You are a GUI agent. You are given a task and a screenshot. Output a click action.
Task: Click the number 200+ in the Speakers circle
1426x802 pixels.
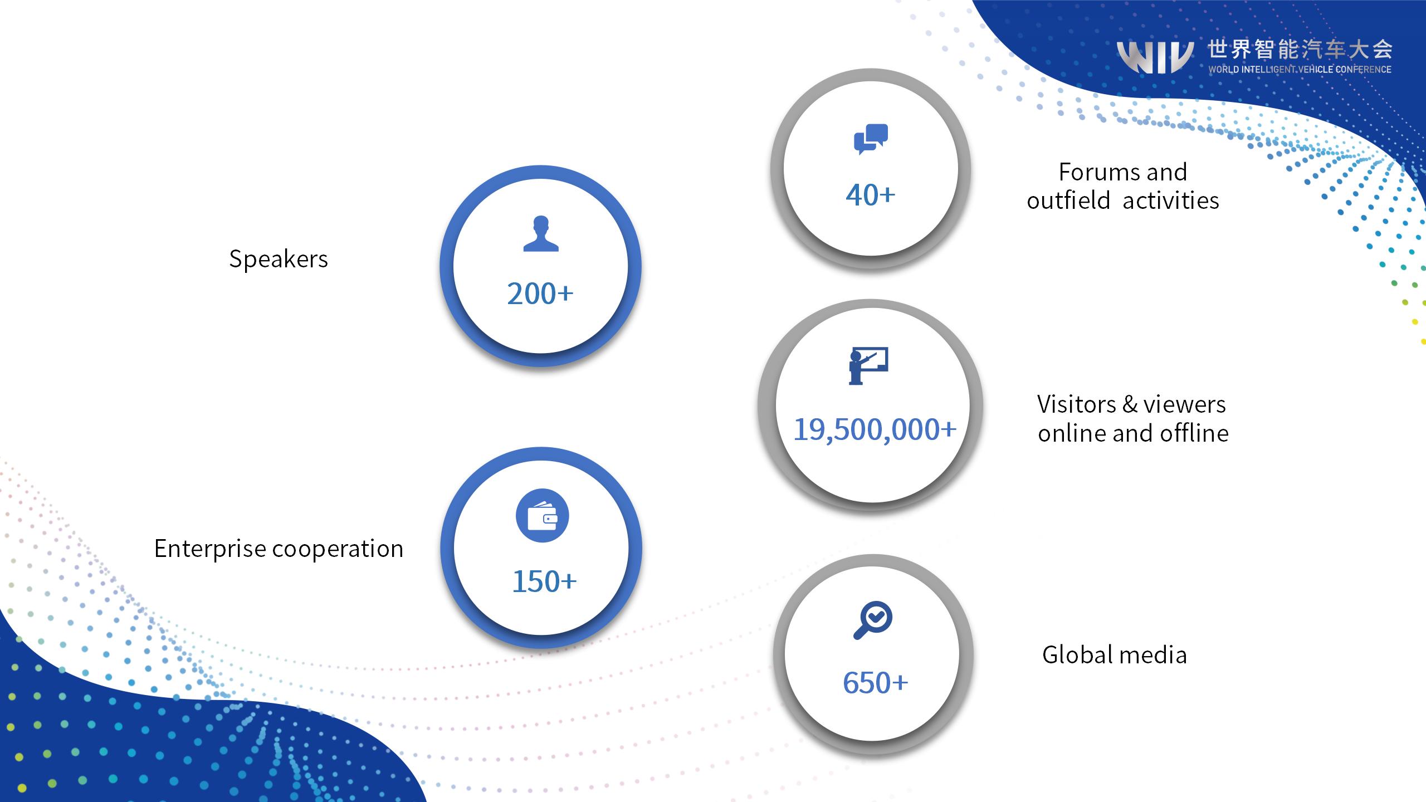(x=540, y=294)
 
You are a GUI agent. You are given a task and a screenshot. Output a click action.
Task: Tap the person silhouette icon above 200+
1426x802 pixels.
(x=541, y=234)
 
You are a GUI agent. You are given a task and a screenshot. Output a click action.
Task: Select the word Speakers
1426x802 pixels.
(x=279, y=260)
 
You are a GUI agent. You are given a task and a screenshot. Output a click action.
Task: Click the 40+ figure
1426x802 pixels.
(x=871, y=195)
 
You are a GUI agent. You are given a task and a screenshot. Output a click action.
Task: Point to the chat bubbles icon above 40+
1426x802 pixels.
(x=871, y=139)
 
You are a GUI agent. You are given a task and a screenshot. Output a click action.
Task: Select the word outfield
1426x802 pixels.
(x=1068, y=200)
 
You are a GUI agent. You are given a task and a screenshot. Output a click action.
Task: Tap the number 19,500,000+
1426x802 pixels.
(x=875, y=429)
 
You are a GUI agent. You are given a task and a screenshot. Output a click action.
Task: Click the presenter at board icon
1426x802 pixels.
(x=868, y=365)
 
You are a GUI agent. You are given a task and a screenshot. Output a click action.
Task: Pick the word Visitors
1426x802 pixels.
(x=1077, y=404)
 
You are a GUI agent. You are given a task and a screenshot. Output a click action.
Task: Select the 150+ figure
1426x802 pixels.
(x=544, y=581)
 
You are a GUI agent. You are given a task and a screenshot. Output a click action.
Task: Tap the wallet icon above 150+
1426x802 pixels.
(x=542, y=516)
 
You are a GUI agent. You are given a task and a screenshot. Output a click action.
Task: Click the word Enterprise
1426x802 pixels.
(x=210, y=549)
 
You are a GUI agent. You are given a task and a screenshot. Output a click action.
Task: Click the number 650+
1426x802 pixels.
(x=875, y=683)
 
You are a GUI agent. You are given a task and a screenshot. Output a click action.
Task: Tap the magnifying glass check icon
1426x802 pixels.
(x=873, y=620)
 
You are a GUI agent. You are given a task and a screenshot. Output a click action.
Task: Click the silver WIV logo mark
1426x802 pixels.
(x=1155, y=57)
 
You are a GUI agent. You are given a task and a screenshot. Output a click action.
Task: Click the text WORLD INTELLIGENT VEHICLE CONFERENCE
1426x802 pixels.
(x=1300, y=70)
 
